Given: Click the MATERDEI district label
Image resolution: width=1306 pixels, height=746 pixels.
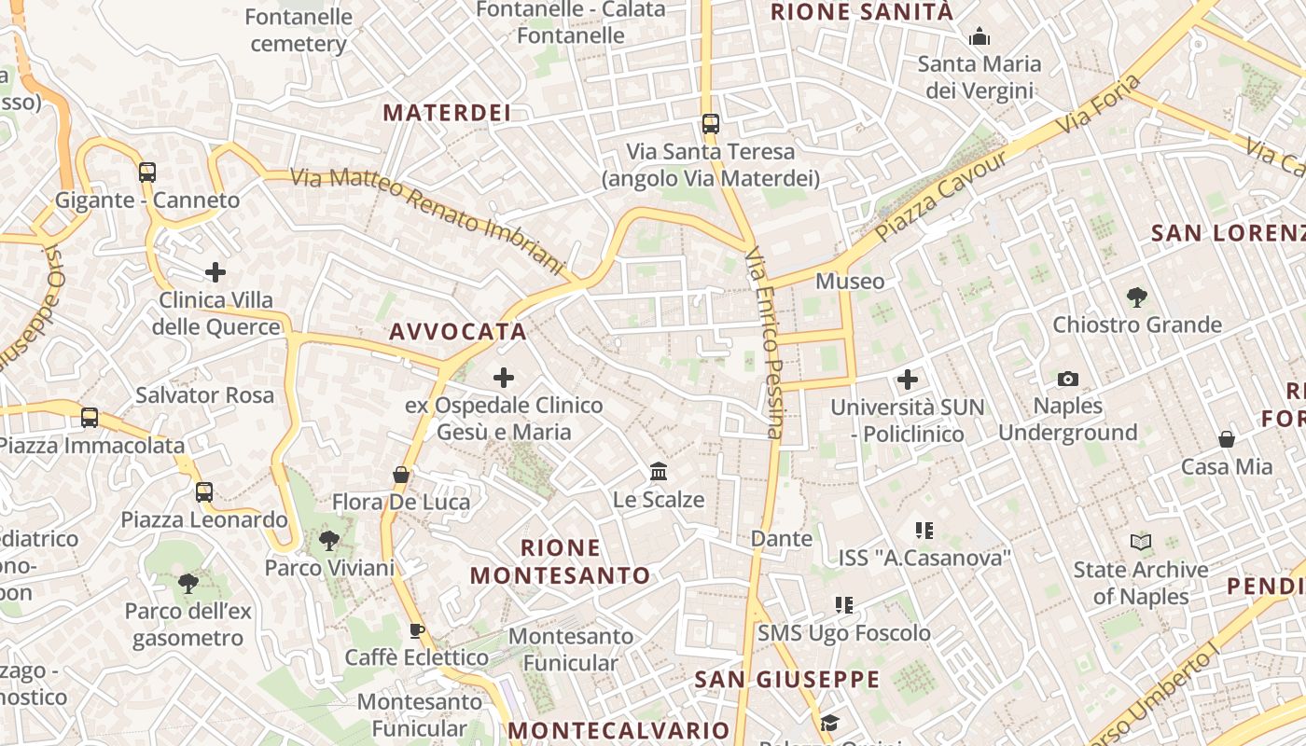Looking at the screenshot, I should pyautogui.click(x=447, y=113).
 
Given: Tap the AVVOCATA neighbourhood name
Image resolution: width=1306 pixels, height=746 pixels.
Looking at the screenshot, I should pyautogui.click(x=458, y=331).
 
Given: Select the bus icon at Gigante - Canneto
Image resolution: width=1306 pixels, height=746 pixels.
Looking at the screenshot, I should pyautogui.click(x=147, y=172).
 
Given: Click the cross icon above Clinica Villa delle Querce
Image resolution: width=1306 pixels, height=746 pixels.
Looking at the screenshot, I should pyautogui.click(x=215, y=272).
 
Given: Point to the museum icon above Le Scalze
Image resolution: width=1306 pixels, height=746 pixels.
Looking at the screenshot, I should pyautogui.click(x=659, y=472).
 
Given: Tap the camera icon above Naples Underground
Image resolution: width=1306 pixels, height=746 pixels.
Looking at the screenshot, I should pyautogui.click(x=1068, y=379).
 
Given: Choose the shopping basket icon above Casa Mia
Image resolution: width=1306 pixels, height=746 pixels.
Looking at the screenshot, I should pyautogui.click(x=1227, y=439).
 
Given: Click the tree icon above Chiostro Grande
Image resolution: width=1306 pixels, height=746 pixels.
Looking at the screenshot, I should pyautogui.click(x=1136, y=297).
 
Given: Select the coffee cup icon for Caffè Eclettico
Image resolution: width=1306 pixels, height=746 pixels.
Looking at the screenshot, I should pyautogui.click(x=417, y=630).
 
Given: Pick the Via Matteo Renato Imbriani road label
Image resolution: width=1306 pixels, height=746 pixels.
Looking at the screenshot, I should pyautogui.click(x=429, y=222).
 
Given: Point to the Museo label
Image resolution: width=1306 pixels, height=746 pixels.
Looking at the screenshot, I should pyautogui.click(x=850, y=281).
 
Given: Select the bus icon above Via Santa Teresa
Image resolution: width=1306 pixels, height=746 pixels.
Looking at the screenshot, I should pyautogui.click(x=711, y=123).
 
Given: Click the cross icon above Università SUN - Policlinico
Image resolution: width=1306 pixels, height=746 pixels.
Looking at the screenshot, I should pyautogui.click(x=908, y=380).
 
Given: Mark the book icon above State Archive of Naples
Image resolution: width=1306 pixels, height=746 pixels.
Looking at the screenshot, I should pyautogui.click(x=1140, y=542).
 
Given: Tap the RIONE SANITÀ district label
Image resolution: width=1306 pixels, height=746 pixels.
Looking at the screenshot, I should pyautogui.click(x=861, y=12).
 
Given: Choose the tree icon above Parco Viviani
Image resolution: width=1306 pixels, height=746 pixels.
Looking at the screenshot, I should pyautogui.click(x=328, y=540).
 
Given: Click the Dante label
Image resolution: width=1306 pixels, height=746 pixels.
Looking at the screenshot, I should pyautogui.click(x=782, y=538).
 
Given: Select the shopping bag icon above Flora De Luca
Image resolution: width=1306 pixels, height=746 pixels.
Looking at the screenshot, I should pyautogui.click(x=401, y=475).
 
